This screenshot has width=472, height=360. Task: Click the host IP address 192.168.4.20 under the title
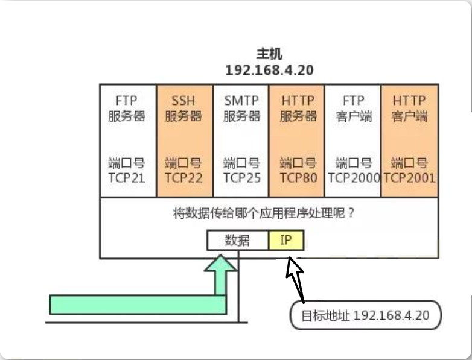tap(269, 70)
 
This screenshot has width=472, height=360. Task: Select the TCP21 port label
tap(127, 177)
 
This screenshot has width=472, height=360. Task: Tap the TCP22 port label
tap(183, 177)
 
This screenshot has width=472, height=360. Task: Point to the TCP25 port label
tap(241, 177)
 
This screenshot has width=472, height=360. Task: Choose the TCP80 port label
tap(298, 177)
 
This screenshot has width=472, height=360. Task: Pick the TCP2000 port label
tap(354, 177)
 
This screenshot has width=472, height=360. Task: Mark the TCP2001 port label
tap(410, 177)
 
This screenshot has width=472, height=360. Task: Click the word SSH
tap(183, 101)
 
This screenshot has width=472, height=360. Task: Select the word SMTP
tap(241, 101)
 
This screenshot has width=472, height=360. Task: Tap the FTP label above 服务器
tap(127, 101)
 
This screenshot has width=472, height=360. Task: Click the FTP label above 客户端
tap(354, 101)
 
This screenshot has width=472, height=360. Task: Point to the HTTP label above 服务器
tap(298, 101)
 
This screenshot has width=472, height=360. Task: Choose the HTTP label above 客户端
tap(409, 101)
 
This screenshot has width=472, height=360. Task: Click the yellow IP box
tap(286, 241)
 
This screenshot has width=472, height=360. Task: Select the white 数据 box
tap(237, 241)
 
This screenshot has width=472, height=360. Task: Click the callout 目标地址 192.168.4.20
tap(365, 315)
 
